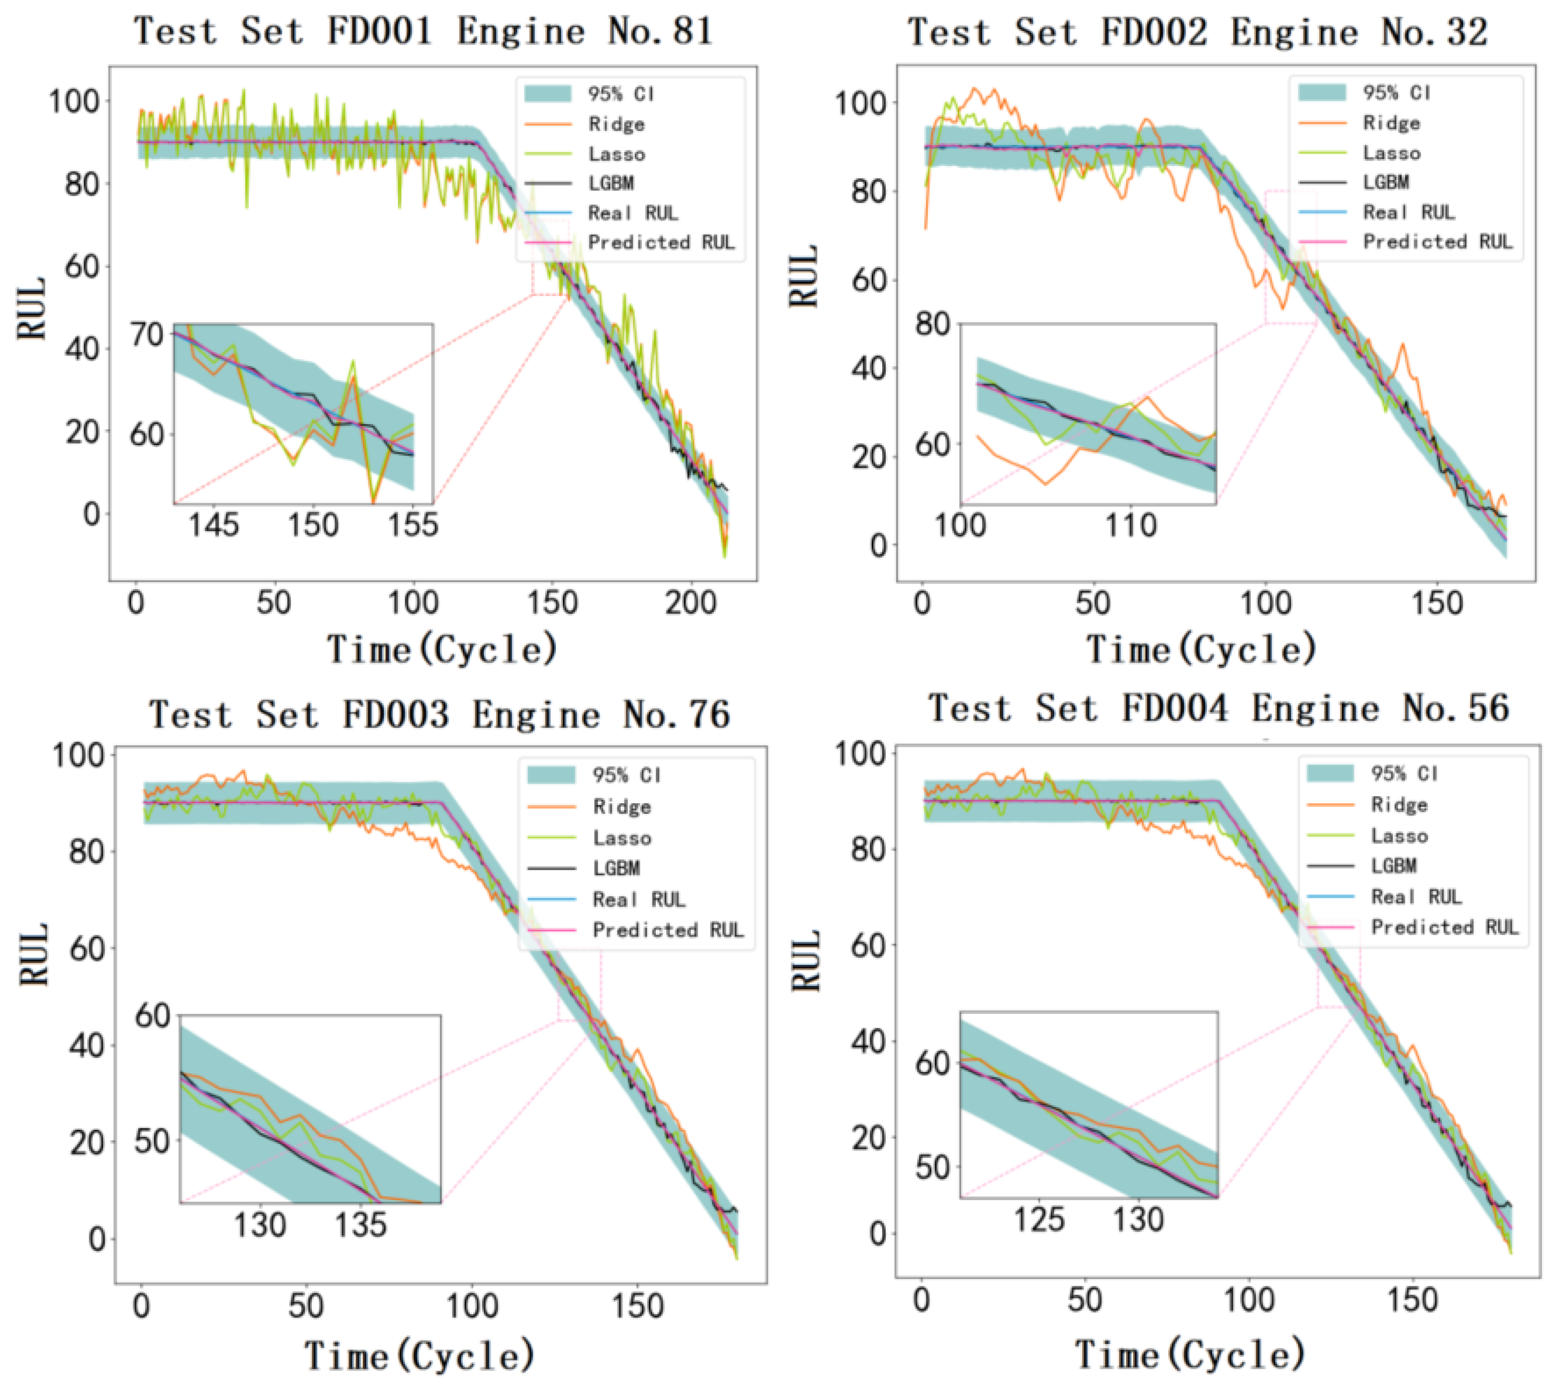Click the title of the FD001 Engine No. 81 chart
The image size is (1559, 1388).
pos(424,32)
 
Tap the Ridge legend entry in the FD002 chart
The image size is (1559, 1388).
pos(1391,123)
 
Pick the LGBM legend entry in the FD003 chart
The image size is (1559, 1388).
pos(616,868)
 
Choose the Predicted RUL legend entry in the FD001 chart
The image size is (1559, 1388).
pos(660,243)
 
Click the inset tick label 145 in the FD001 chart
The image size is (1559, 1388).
pos(213,525)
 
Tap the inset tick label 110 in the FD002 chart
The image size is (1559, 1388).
pos(1132,525)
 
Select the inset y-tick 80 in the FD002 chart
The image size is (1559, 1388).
pos(932,324)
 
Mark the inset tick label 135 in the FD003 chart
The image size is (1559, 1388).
pos(361,1225)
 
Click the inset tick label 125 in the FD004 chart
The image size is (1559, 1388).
pos(1039,1219)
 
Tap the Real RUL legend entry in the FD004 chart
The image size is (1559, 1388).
pos(1416,897)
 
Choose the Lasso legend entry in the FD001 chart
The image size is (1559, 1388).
pos(616,154)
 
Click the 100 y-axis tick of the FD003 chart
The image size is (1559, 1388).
pos(76,755)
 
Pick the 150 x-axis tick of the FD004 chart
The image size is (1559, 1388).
pos(1414,1300)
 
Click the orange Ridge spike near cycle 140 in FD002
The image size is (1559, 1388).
pos(1402,347)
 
